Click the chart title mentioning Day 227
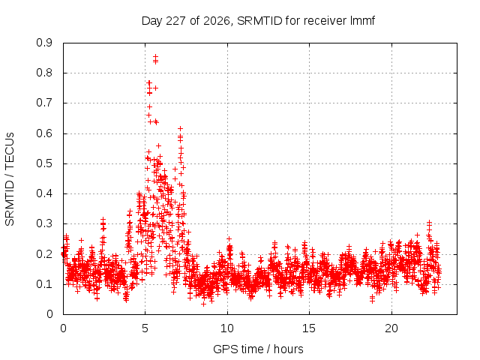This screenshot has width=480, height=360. coord(258,21)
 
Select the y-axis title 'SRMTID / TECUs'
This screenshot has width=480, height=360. coord(10,179)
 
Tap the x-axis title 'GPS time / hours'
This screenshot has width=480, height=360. coord(258,349)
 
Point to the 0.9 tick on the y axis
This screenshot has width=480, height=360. coord(44,43)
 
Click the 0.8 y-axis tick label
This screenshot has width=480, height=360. coord(44,73)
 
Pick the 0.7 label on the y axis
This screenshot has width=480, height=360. coord(44,103)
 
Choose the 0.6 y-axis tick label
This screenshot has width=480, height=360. coord(44,133)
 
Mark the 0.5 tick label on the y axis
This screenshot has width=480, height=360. coord(44,163)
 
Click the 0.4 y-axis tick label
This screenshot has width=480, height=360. coord(44,193)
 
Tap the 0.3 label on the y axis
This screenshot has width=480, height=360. coord(44,223)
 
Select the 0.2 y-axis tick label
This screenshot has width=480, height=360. coord(44,254)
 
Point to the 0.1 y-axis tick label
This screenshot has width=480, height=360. coord(44,284)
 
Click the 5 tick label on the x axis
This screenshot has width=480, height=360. coord(145,328)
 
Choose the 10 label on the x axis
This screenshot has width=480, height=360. coord(227,328)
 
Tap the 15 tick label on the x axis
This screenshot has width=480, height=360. coord(309,328)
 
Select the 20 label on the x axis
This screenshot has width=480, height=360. coord(391,328)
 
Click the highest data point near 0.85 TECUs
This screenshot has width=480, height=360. coord(155,57)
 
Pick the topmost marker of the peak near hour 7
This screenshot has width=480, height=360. coord(180,128)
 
